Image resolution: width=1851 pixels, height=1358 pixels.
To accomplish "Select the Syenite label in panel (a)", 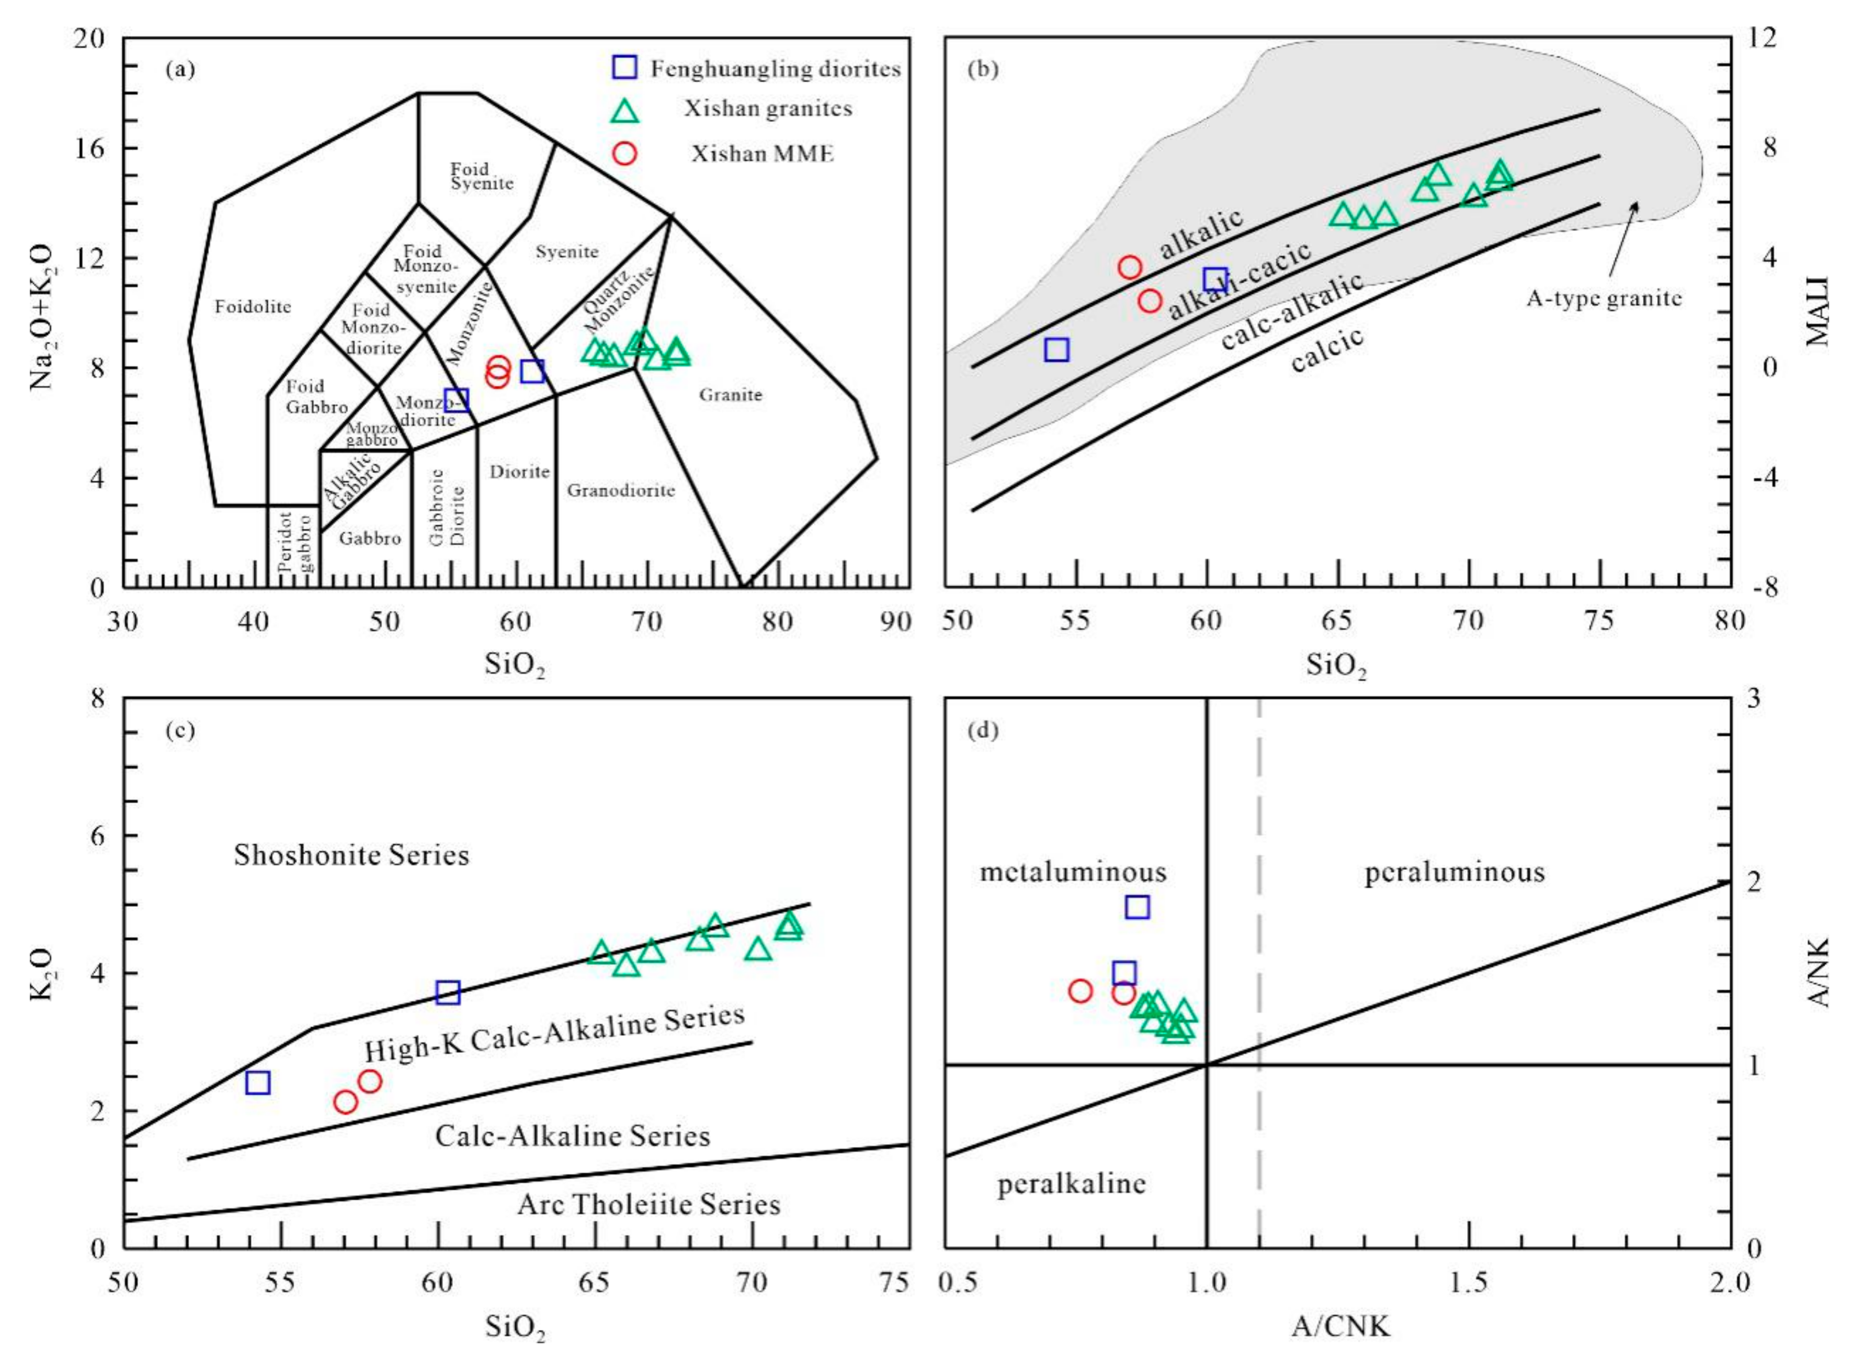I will [x=567, y=252].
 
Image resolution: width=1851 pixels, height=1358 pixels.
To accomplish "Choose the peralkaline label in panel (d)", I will [x=1072, y=1184].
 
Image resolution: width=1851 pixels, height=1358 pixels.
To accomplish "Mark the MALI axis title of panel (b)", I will [x=1817, y=312].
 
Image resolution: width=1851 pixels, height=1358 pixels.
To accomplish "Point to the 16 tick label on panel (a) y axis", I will [x=90, y=148].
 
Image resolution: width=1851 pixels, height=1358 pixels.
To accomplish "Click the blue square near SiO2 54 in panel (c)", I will [x=258, y=1082].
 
